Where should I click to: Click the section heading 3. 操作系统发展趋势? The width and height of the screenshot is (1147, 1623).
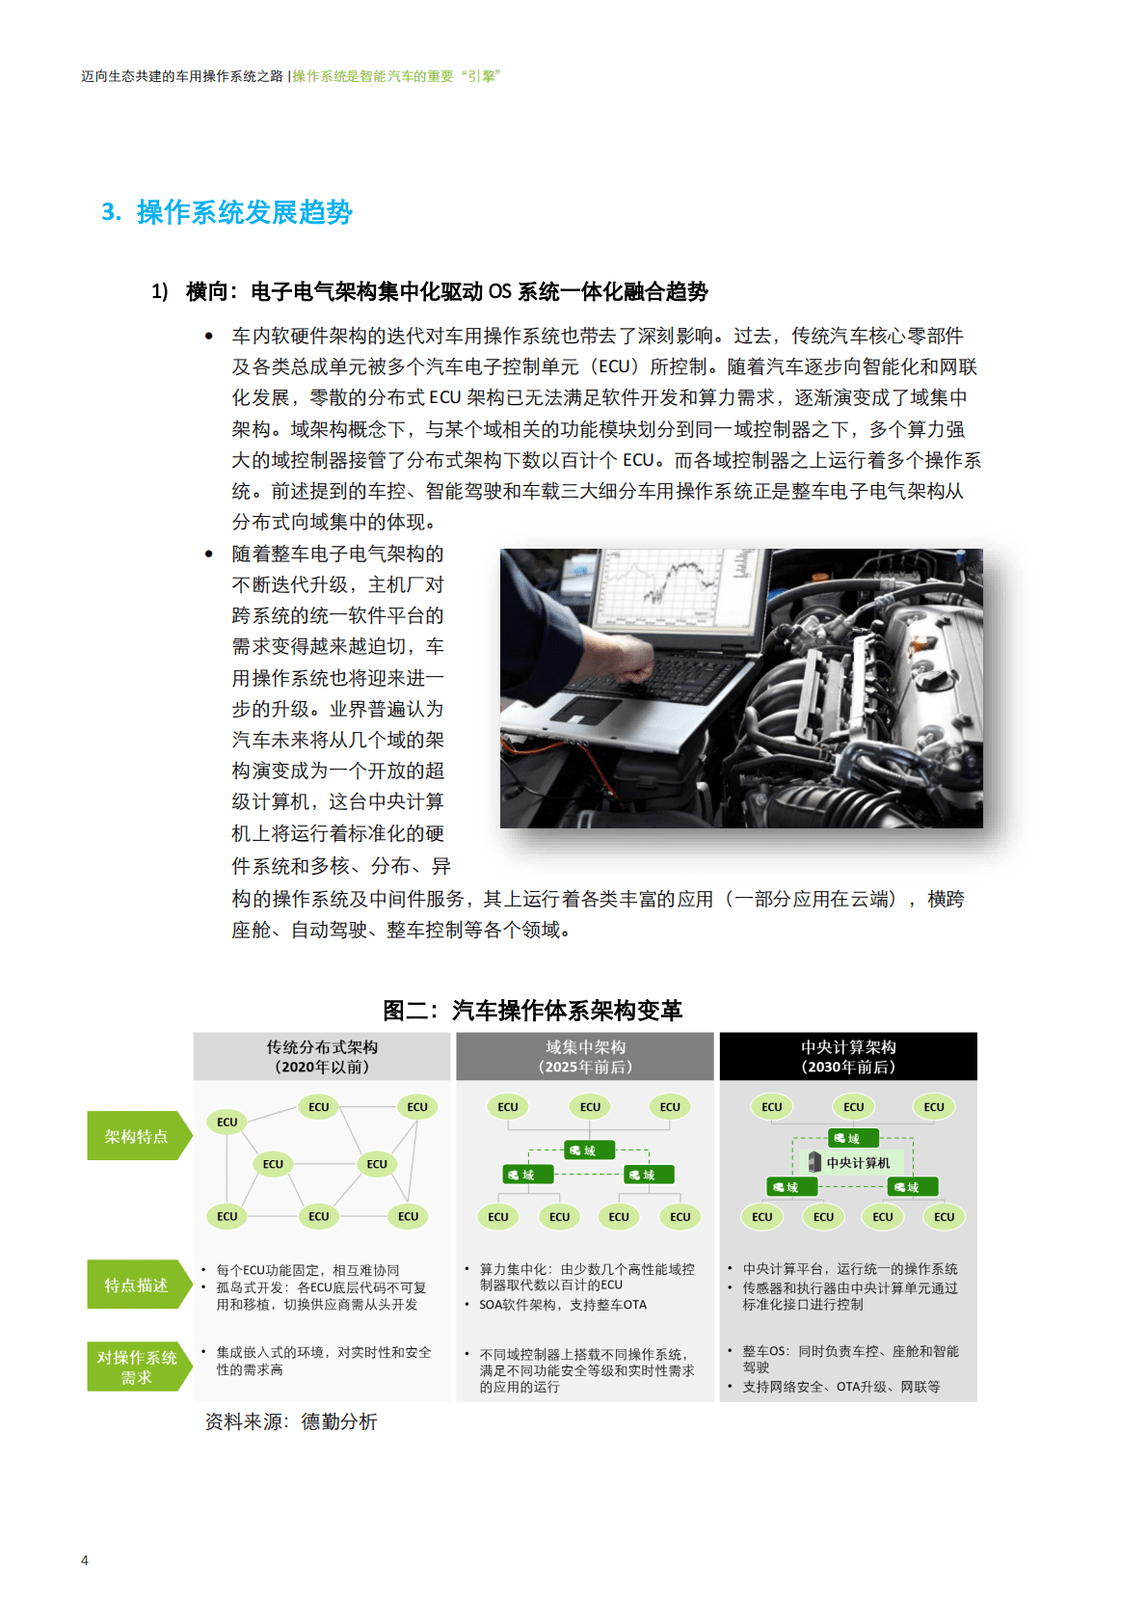(x=227, y=212)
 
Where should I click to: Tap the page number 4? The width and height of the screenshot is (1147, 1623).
(x=85, y=1559)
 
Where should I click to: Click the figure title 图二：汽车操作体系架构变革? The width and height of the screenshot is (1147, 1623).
(x=532, y=1010)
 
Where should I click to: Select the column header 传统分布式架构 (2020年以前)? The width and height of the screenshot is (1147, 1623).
(x=322, y=1057)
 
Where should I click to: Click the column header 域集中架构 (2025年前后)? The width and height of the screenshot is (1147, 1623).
(x=585, y=1057)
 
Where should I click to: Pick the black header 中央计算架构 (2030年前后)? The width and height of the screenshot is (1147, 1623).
(x=848, y=1057)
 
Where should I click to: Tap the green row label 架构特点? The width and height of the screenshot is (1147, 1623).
(x=136, y=1136)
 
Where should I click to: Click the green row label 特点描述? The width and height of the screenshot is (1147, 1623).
(x=136, y=1285)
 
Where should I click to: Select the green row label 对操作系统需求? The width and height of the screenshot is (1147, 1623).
(x=136, y=1366)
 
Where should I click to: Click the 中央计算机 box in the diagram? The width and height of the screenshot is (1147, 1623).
(x=852, y=1162)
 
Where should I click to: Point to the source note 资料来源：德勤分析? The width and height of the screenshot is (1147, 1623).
(x=290, y=1421)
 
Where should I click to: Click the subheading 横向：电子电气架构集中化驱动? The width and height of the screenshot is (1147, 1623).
(x=446, y=291)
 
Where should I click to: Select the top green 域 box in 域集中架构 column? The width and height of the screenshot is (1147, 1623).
(x=588, y=1150)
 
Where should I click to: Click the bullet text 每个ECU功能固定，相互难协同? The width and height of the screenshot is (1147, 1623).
(x=307, y=1270)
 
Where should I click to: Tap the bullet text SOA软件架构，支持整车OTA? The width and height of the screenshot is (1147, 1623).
(x=563, y=1305)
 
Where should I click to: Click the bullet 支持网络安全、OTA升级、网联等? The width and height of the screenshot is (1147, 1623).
(x=840, y=1387)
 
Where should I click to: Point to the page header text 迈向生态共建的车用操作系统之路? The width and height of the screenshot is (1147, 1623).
(x=182, y=76)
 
